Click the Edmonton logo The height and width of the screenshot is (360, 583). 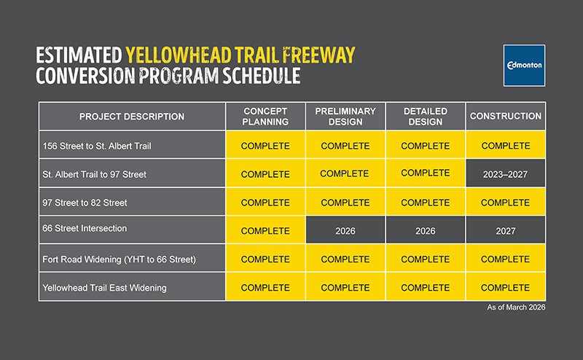click(524, 65)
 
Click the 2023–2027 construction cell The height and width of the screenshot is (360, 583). click(505, 175)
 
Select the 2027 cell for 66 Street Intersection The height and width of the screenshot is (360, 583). click(505, 231)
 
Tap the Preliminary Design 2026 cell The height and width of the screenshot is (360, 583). click(345, 231)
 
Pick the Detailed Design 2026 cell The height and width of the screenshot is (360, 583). click(425, 231)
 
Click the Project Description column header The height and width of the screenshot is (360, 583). click(132, 117)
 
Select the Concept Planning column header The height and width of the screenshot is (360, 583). click(265, 117)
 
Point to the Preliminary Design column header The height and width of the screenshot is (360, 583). click(345, 117)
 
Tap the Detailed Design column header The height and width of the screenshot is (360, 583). click(425, 117)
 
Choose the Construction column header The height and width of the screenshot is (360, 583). click(505, 117)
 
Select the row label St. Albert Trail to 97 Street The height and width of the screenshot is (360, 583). click(94, 174)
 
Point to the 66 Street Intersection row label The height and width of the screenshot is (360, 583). click(85, 229)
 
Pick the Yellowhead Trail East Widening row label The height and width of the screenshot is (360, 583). click(104, 288)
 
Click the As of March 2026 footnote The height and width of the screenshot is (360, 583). click(516, 308)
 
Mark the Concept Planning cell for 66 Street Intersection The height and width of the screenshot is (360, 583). click(265, 231)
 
